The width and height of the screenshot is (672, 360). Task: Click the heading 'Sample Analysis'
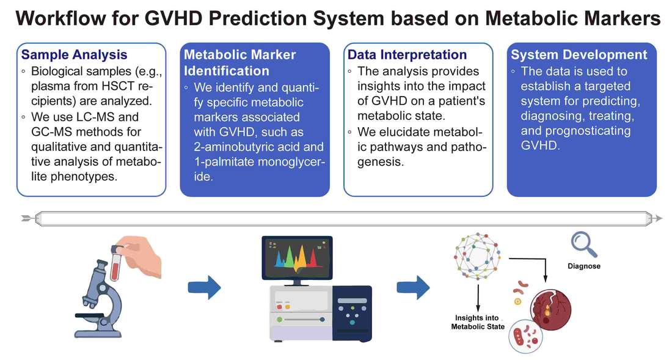75,55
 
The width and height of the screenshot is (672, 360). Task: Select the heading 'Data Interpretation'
407,55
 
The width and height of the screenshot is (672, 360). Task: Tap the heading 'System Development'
579,55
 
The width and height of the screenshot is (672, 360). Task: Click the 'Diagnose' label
583,266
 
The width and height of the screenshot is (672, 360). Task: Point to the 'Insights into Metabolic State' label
478,322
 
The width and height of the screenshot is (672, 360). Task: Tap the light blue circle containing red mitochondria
527,336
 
